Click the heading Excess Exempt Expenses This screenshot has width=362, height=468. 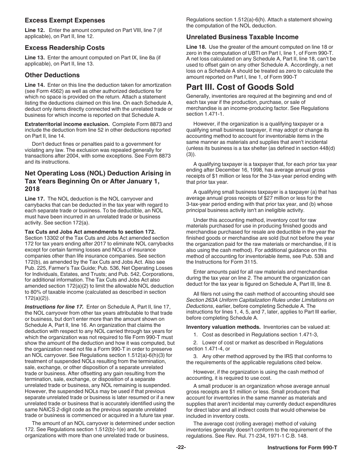click(65, 20)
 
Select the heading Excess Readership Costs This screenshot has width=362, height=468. click(64, 48)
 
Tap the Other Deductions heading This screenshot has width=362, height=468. click(52, 75)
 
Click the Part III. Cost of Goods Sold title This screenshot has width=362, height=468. click(240, 87)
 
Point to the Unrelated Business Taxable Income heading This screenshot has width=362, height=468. click(242, 37)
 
